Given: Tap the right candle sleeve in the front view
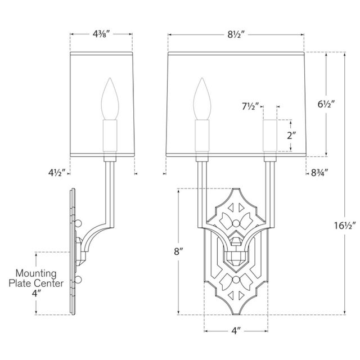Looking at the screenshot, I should pyautogui.click(x=269, y=136).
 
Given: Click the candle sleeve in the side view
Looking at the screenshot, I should pyautogui.click(x=110, y=138).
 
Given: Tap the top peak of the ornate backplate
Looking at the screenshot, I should pyautogui.click(x=235, y=189).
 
